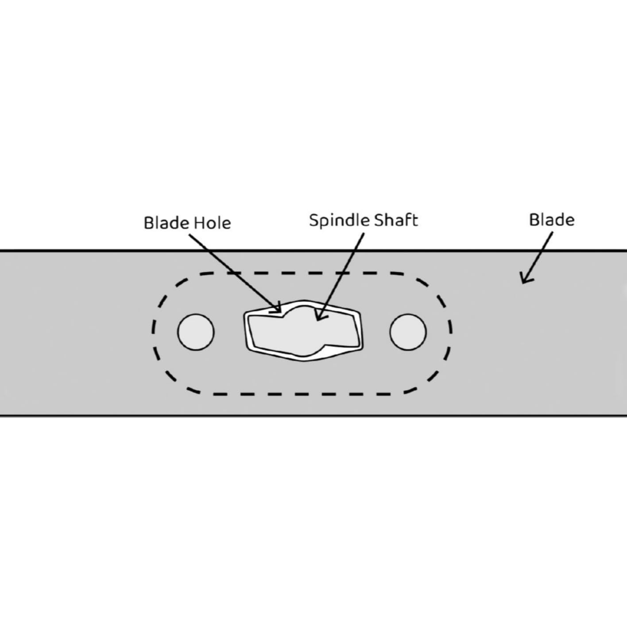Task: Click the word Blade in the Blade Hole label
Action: tap(166, 223)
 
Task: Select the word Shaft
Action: tap(396, 220)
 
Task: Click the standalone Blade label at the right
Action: tap(552, 220)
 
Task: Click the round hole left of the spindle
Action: tap(196, 332)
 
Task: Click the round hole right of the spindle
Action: tap(408, 332)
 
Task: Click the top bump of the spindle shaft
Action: tap(299, 311)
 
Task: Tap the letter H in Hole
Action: tap(199, 223)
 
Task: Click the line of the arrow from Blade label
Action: tap(538, 256)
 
